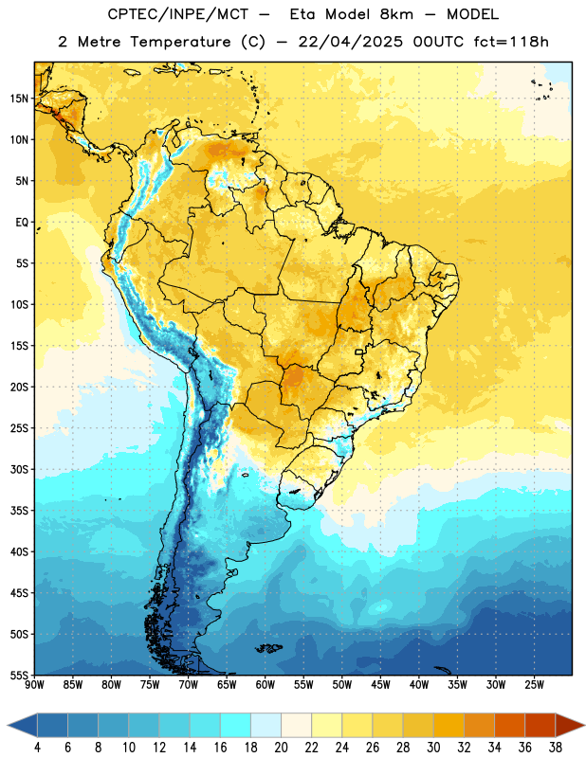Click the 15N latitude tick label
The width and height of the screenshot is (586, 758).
tap(19, 99)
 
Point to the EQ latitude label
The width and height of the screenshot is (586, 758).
tap(22, 223)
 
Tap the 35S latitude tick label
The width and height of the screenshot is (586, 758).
tap(19, 511)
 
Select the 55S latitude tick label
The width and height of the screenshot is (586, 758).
tap(19, 676)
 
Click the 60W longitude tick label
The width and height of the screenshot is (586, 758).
tap(266, 685)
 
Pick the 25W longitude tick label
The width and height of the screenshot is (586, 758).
tap(534, 685)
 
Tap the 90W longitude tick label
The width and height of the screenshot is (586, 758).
tap(35, 685)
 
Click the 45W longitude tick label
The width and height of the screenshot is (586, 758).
tap(381, 685)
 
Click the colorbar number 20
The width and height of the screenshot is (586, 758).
tap(281, 748)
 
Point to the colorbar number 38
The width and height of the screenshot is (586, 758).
tap(556, 748)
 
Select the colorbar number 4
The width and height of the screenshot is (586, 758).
tap(37, 748)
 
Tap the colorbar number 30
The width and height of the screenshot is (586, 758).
tap(433, 748)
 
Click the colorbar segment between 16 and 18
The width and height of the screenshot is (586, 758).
tap(236, 725)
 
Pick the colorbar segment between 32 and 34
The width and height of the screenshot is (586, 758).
tap(479, 725)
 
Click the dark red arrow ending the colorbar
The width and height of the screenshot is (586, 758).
tap(570, 725)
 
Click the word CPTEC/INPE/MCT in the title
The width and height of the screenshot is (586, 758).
tap(178, 14)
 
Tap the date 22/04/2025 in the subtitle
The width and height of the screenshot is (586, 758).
tap(350, 42)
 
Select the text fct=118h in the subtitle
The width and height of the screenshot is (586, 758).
tap(511, 42)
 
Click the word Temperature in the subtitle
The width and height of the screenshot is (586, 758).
tap(180, 43)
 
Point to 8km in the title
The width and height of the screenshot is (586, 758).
tap(396, 14)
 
